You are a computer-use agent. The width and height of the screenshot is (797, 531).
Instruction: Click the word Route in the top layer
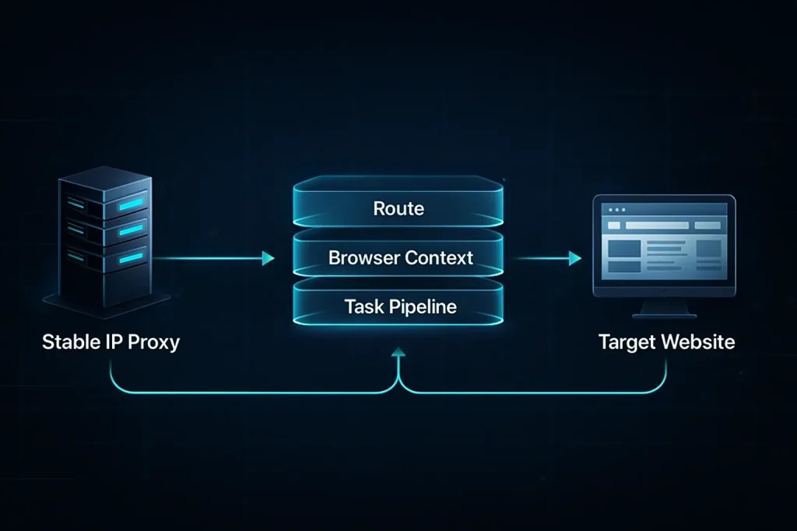tap(398, 208)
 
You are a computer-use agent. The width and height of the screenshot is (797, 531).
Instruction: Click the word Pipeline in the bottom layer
tap(420, 306)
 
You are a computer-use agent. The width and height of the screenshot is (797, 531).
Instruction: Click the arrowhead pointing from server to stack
tap(269, 258)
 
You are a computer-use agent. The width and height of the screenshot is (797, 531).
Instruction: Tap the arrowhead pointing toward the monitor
tap(575, 258)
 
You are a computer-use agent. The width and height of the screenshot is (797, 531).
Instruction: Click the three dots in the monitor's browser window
tap(617, 210)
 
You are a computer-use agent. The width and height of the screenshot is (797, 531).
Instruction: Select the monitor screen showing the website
tap(664, 244)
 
